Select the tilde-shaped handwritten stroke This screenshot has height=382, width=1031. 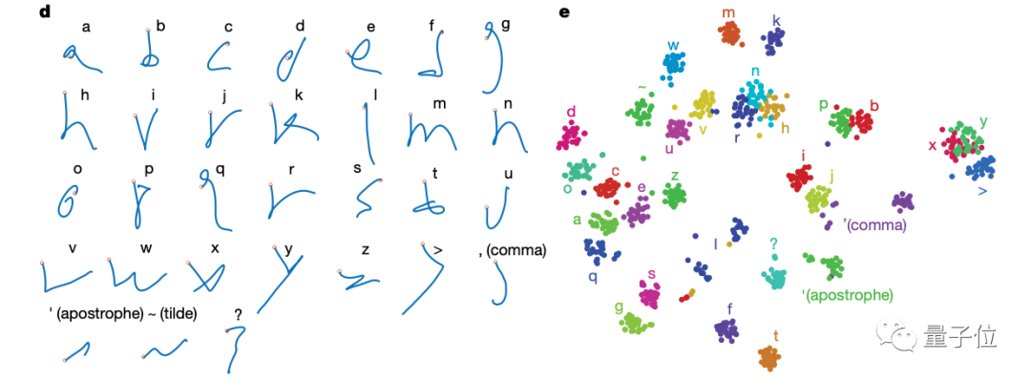click(158, 350)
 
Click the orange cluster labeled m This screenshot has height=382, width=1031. click(730, 34)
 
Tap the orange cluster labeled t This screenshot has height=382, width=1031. click(770, 358)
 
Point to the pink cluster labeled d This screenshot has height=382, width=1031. click(572, 136)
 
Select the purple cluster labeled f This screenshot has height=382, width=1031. click(727, 330)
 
